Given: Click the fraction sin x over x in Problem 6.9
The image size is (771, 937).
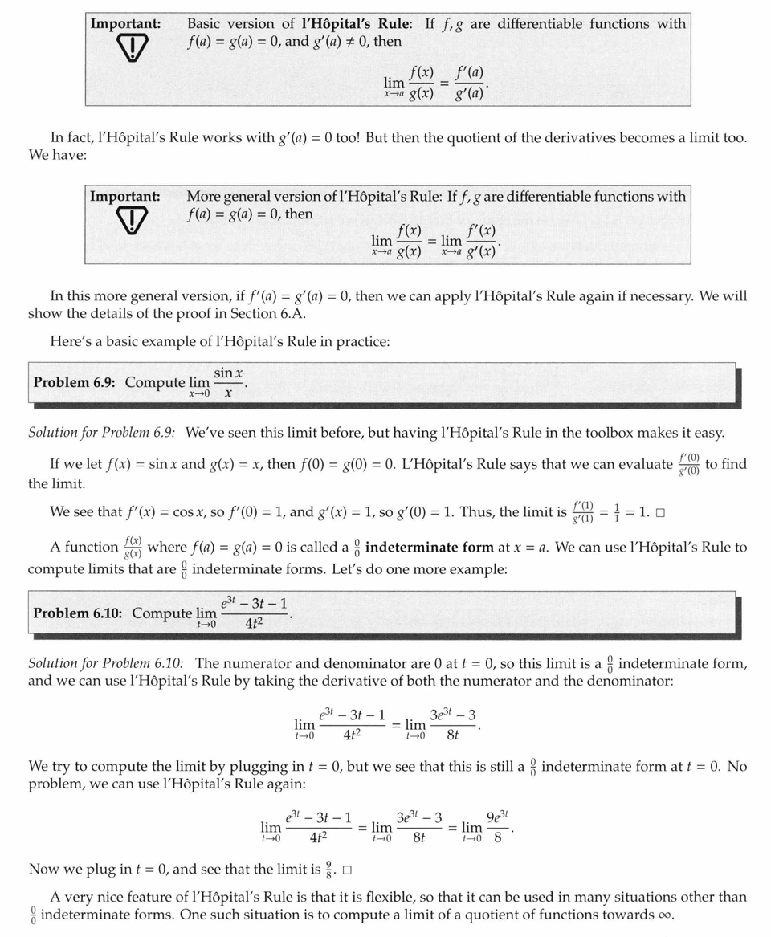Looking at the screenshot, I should (229, 382).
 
